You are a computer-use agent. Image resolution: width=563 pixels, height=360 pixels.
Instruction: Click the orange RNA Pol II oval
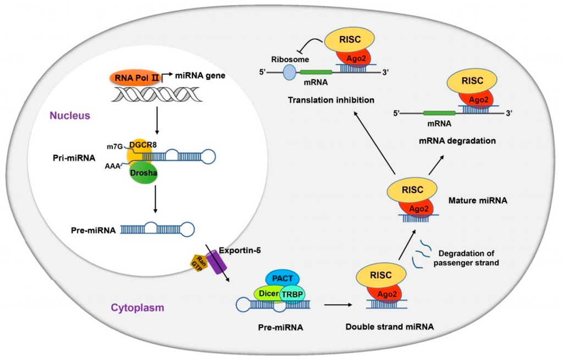coord(134,78)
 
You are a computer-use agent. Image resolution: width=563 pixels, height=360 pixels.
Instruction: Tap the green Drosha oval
coord(143,173)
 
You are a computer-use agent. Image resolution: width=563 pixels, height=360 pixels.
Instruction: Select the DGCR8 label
coord(143,145)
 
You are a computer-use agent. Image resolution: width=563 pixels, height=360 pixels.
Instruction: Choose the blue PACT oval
coord(282,279)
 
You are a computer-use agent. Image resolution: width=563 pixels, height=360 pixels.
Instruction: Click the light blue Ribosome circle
coord(289,73)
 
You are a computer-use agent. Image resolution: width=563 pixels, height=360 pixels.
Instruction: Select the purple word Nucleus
coord(70,115)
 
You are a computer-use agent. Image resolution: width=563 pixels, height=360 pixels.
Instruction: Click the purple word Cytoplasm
coord(137,308)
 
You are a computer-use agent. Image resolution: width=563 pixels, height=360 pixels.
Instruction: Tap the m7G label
coord(114,146)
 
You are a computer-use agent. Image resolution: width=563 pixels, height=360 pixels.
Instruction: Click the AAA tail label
coord(112,166)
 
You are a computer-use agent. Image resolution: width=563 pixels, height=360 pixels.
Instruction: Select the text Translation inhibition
coord(330,100)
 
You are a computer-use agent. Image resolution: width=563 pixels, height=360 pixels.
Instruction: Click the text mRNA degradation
coord(457,141)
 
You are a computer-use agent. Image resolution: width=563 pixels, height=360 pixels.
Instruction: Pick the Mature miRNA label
coord(478,200)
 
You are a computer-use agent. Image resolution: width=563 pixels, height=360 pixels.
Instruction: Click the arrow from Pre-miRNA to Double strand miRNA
coord(338,304)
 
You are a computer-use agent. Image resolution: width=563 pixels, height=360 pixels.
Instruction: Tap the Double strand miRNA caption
coord(390,326)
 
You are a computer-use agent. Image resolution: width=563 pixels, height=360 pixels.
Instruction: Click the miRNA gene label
coord(200,75)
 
